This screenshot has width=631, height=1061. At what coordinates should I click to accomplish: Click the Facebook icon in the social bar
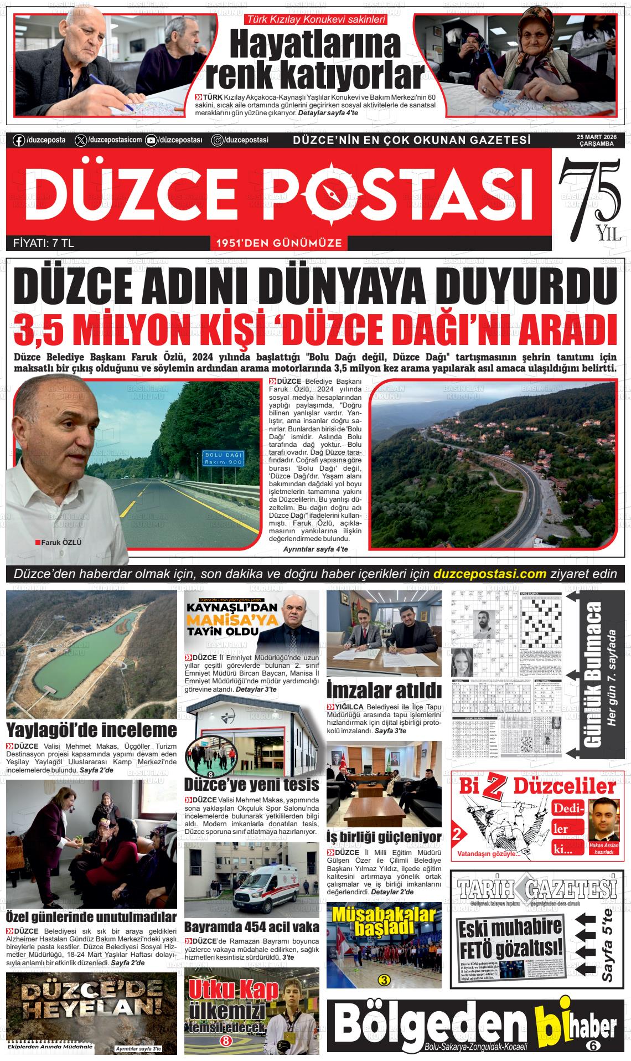click(x=18, y=141)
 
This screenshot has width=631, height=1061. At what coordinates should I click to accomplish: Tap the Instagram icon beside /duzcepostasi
click(x=218, y=141)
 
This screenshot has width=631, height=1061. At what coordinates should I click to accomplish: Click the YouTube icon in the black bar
click(x=151, y=141)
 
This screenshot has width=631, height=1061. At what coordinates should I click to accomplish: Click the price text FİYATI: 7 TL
click(x=43, y=243)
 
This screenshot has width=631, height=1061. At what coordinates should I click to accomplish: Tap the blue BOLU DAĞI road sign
click(x=223, y=458)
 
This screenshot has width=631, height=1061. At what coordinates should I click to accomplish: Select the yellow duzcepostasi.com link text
click(x=490, y=574)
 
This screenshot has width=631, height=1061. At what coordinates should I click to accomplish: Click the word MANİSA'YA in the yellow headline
click(x=232, y=620)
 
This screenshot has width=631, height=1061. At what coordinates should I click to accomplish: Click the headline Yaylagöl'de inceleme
click(x=91, y=729)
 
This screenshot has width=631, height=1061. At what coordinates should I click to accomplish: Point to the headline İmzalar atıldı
click(x=384, y=691)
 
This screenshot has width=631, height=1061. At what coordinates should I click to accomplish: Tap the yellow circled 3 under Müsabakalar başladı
click(x=384, y=980)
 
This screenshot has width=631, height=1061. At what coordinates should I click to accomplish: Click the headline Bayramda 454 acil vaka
click(x=251, y=927)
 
